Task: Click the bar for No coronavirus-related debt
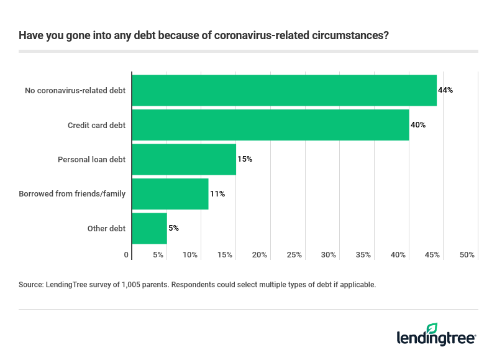(284, 90)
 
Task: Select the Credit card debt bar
(270, 125)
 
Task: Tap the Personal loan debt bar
(184, 159)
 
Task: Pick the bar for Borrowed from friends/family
(170, 194)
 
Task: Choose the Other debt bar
(150, 228)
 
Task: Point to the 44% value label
(445, 90)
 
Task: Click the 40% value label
(418, 125)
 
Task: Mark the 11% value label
(217, 194)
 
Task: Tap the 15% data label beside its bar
(245, 159)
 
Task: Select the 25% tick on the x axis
(294, 255)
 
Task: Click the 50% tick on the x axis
(467, 255)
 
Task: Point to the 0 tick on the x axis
(127, 255)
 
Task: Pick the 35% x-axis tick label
(363, 255)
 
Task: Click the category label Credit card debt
(96, 125)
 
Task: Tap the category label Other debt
(106, 228)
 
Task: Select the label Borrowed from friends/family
(72, 194)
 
